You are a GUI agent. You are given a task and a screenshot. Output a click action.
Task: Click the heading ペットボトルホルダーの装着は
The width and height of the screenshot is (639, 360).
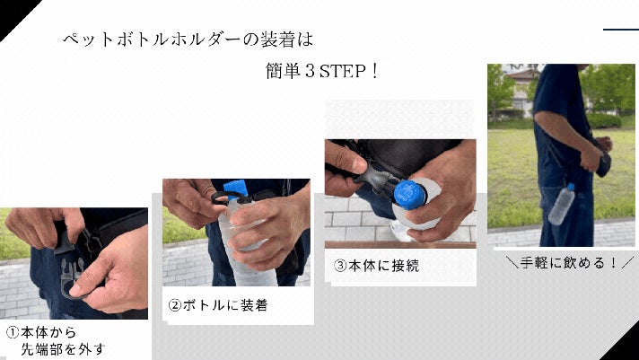tap(188, 40)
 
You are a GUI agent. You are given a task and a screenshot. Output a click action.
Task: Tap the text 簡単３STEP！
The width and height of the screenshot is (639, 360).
tap(322, 71)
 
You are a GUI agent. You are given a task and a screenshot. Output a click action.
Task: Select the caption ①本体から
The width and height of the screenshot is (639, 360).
tap(41, 333)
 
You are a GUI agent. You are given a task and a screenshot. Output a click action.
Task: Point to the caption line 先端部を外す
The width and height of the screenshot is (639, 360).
tap(63, 349)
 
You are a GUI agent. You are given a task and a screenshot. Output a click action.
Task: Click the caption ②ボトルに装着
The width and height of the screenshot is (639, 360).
tap(218, 305)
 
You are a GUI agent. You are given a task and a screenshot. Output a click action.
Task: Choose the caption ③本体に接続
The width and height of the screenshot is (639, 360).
tap(376, 266)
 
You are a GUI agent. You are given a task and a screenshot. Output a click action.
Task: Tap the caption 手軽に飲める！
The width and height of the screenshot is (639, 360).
tap(569, 262)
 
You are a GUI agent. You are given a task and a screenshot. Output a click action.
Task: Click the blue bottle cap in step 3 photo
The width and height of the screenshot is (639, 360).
tap(409, 195)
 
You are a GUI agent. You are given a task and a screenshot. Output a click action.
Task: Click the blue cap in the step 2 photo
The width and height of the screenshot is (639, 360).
tap(235, 189)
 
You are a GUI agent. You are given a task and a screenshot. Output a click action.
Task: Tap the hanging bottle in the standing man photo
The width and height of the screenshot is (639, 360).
tap(562, 204)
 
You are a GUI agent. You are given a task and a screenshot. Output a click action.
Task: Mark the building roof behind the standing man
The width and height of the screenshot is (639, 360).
tap(522, 75)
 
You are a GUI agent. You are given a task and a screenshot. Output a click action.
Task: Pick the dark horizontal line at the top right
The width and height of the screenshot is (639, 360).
tap(621, 30)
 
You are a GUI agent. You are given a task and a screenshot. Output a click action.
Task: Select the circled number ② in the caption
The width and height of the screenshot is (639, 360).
tap(174, 306)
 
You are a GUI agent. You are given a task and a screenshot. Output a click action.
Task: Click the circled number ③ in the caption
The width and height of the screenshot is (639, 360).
tap(340, 267)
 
